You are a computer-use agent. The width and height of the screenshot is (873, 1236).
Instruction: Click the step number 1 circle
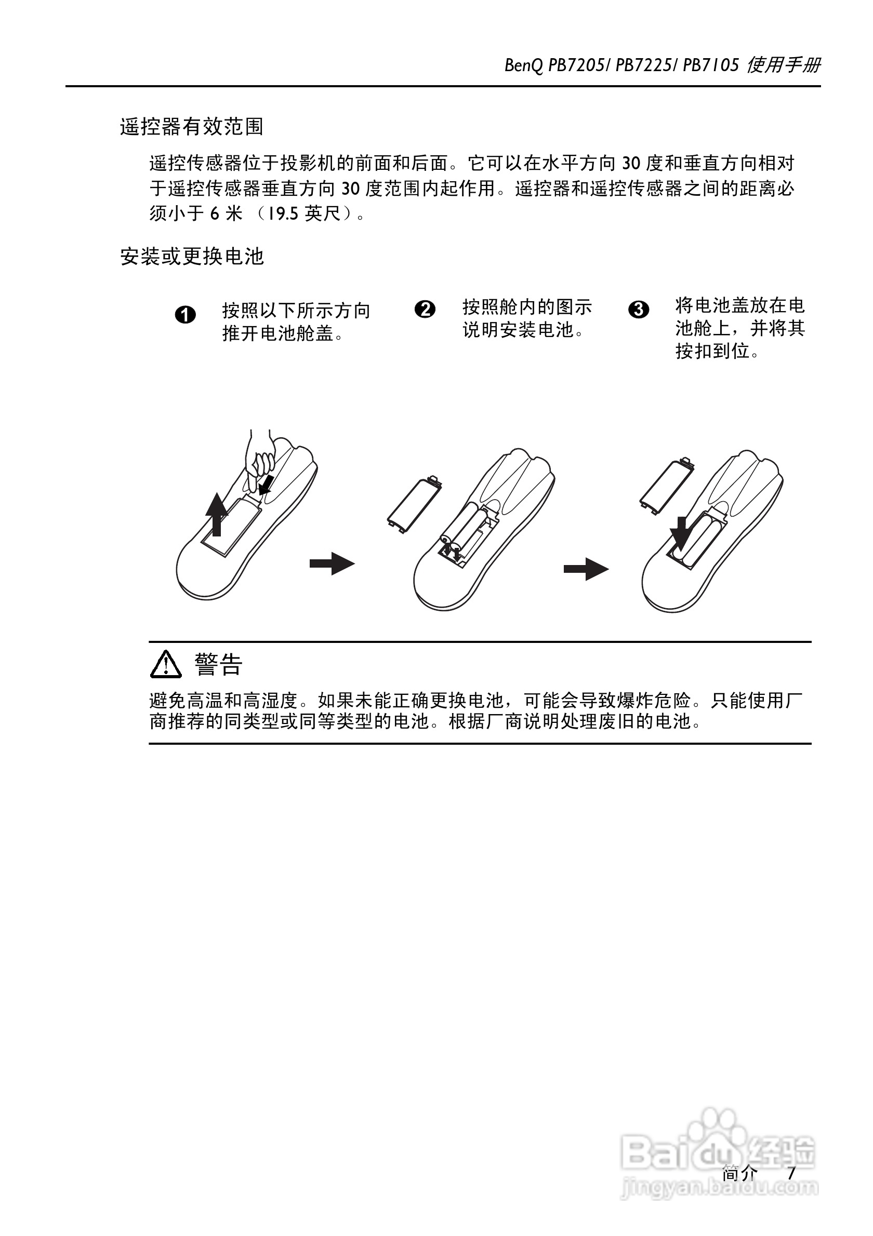click(x=186, y=315)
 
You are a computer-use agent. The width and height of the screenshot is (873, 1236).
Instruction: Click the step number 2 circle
click(x=425, y=310)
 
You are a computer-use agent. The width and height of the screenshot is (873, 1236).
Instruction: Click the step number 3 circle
click(x=639, y=310)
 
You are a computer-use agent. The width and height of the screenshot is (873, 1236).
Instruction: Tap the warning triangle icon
click(x=166, y=664)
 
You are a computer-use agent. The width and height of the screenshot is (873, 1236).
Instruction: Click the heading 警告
click(x=219, y=665)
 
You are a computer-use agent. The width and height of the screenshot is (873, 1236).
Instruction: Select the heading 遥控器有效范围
click(x=192, y=127)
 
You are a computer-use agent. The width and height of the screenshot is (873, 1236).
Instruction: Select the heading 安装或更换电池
click(x=192, y=256)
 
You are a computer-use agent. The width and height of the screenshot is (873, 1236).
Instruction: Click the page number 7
click(x=790, y=1173)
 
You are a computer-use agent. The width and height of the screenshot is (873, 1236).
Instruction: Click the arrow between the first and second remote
click(x=332, y=563)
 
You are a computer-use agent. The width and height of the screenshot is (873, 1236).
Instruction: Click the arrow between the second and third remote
click(x=586, y=569)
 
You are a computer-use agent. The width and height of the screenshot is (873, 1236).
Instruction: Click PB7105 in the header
click(x=711, y=65)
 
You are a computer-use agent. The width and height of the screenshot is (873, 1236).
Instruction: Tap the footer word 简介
click(x=739, y=1173)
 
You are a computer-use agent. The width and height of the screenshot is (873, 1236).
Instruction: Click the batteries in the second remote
click(x=467, y=533)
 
